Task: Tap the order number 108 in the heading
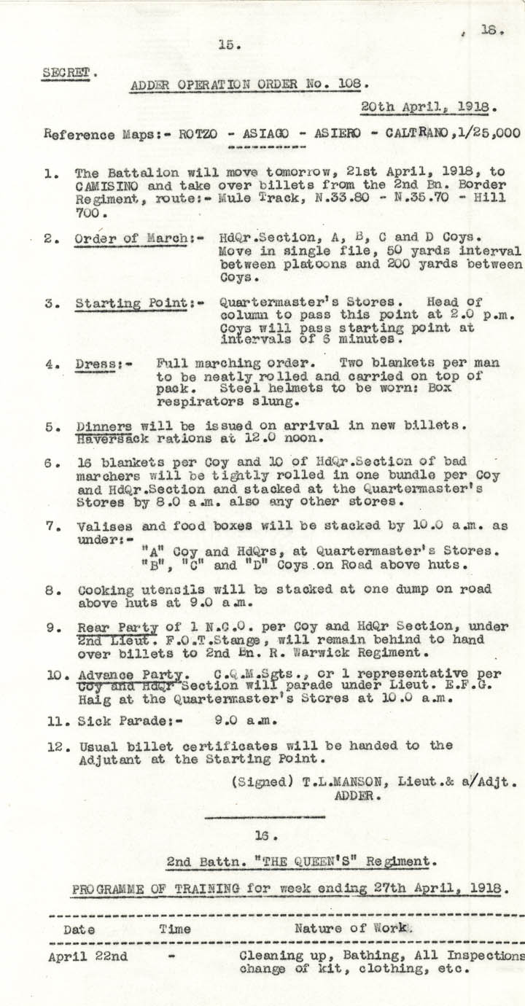pyautogui.click(x=349, y=85)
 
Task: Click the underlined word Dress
pyautogui.click(x=93, y=364)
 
